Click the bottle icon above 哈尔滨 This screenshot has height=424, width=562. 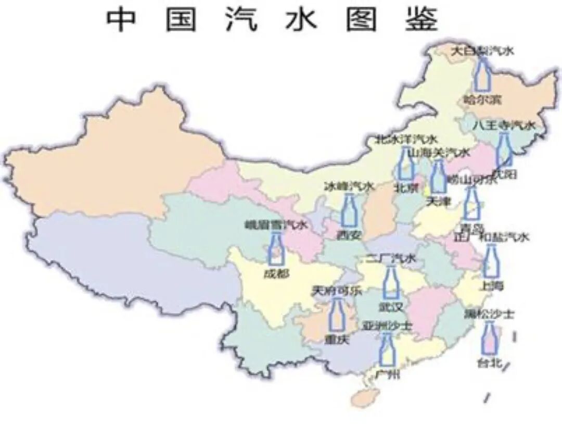(x=482, y=76)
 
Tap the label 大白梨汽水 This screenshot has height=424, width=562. (x=481, y=51)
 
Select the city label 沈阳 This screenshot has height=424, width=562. (x=504, y=174)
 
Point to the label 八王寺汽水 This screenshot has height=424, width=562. (x=504, y=126)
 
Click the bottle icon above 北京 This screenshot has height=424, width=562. (x=406, y=164)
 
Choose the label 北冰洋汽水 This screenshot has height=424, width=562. (x=406, y=140)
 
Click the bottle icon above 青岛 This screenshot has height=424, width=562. (x=471, y=204)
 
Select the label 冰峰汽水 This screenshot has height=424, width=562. (x=349, y=186)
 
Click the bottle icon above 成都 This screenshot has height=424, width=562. (x=276, y=248)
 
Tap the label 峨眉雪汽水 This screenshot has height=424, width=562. (x=276, y=226)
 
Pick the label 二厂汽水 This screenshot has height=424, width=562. (x=390, y=258)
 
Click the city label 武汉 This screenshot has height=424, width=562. (x=390, y=307)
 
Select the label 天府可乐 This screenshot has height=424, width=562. (x=336, y=291)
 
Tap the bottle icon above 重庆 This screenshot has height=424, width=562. (x=337, y=315)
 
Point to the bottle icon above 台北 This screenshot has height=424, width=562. (x=489, y=339)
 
